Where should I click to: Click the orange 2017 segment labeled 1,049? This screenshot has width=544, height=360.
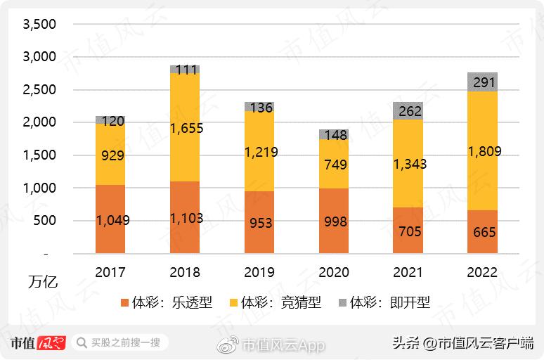(x=110, y=219)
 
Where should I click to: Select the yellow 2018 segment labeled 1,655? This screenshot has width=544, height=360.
(x=185, y=127)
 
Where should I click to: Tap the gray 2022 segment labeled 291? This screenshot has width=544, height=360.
(x=482, y=82)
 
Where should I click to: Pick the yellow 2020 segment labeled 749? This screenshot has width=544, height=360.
(x=333, y=164)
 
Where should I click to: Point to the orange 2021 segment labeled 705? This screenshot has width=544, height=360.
(x=408, y=230)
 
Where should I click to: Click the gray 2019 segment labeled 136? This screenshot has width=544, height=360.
(x=259, y=107)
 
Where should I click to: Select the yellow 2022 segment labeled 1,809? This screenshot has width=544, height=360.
(x=482, y=150)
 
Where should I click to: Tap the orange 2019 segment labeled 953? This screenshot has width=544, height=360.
(x=259, y=222)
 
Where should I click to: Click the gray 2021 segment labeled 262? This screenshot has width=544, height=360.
(x=408, y=111)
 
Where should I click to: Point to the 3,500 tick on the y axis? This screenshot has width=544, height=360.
(x=39, y=25)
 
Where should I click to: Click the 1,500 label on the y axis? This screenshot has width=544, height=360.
(x=39, y=155)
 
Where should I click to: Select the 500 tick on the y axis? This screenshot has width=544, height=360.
(x=44, y=221)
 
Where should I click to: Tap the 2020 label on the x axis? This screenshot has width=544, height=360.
(x=333, y=272)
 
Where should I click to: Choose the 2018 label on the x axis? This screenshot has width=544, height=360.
(x=185, y=272)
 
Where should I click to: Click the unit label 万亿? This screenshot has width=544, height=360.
(x=43, y=283)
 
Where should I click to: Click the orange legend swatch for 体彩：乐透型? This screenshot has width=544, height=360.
(x=125, y=303)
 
